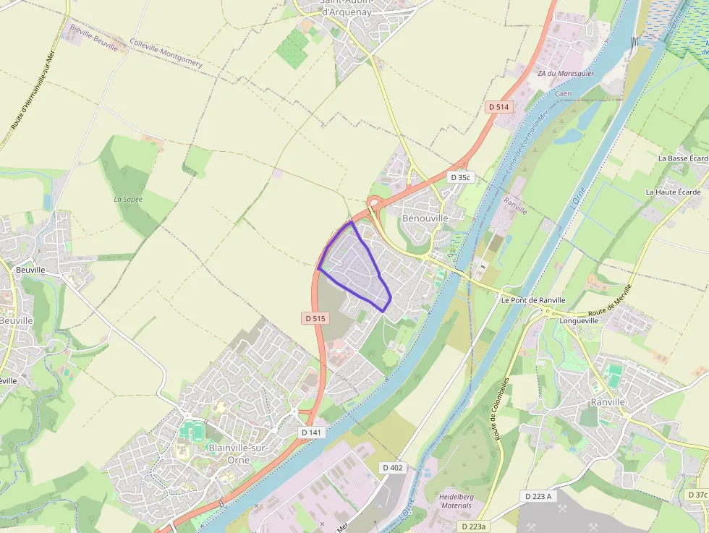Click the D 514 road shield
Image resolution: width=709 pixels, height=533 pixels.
(498, 107)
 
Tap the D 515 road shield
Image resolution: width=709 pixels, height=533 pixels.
(315, 318)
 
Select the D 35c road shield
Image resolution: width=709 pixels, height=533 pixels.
(460, 177)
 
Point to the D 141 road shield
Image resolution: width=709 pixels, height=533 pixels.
(312, 432)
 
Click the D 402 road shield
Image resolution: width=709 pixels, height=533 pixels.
(392, 468)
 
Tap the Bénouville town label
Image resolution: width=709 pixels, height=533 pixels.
(425, 218)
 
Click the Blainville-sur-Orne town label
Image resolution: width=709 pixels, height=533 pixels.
(238, 453)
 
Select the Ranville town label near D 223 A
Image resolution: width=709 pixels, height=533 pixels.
(607, 402)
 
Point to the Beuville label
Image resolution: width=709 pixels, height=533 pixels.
(30, 270)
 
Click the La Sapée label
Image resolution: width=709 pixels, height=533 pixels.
(128, 199)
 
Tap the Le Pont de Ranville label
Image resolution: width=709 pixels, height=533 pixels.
(532, 300)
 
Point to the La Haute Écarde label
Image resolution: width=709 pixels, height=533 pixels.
(673, 192)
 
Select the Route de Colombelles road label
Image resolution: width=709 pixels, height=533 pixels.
(503, 409)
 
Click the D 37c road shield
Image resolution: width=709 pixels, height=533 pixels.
(697, 495)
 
